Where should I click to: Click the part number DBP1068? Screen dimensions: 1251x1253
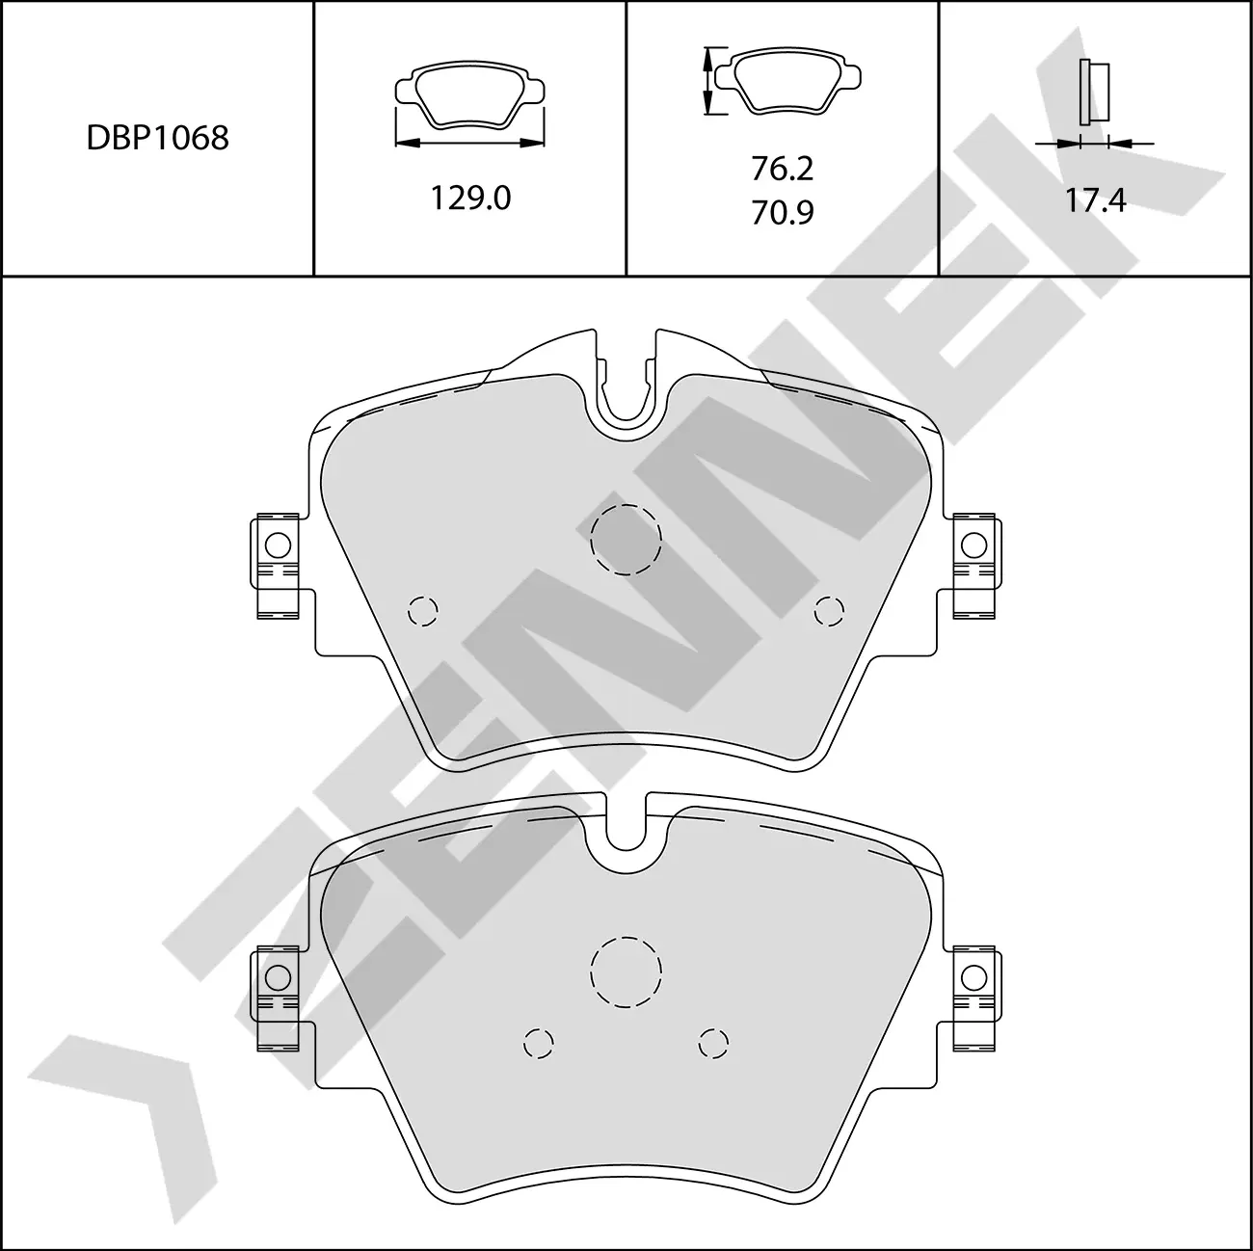[157, 138]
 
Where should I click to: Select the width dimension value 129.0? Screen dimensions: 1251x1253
[470, 198]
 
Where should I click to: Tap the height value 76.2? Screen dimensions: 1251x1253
[782, 169]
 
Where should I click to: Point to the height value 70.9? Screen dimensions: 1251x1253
[782, 212]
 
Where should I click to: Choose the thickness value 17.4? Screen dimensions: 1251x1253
[1095, 200]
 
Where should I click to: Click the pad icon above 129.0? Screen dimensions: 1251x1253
[470, 96]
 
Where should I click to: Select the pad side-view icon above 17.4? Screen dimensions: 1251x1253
[1095, 92]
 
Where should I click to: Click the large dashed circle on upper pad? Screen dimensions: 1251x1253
[626, 540]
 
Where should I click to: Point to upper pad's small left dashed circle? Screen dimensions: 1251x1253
[423, 610]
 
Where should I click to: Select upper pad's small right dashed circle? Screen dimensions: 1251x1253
[829, 610]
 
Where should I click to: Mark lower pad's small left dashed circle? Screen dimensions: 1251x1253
[539, 1042]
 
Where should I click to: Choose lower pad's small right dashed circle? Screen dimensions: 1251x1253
[713, 1042]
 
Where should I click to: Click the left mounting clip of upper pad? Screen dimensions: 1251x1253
[279, 564]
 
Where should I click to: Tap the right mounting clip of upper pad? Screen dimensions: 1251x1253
[973, 564]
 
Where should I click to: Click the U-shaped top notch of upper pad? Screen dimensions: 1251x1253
[626, 390]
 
